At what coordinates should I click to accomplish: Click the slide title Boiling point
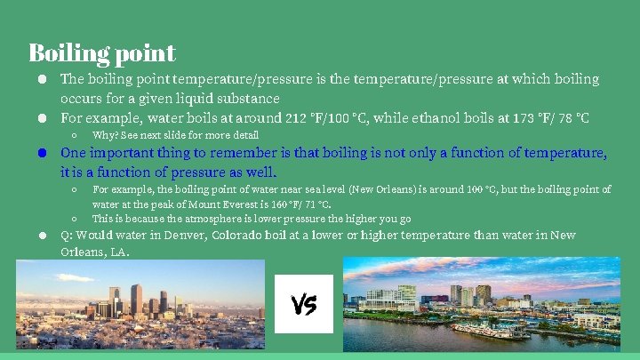pyautogui.click(x=101, y=52)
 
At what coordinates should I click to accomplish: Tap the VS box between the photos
pyautogui.click(x=304, y=305)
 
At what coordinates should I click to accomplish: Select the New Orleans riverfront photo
pyautogui.click(x=481, y=304)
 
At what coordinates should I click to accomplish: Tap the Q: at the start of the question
pyautogui.click(x=67, y=236)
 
